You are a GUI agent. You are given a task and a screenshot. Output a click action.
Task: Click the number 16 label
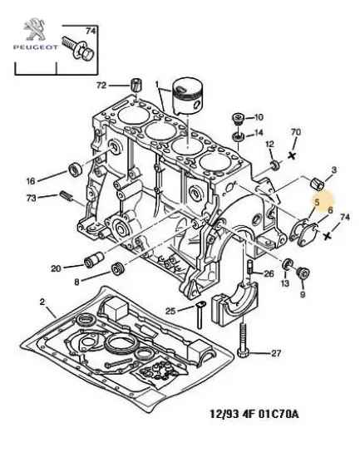[31, 179]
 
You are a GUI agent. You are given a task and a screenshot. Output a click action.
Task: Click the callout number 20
[56, 268]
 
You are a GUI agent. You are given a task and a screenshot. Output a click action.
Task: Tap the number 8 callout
[77, 283]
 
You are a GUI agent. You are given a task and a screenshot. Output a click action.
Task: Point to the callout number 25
[170, 312]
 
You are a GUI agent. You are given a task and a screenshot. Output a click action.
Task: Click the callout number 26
[268, 273]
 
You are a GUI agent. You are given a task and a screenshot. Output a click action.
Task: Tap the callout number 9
[303, 294]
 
